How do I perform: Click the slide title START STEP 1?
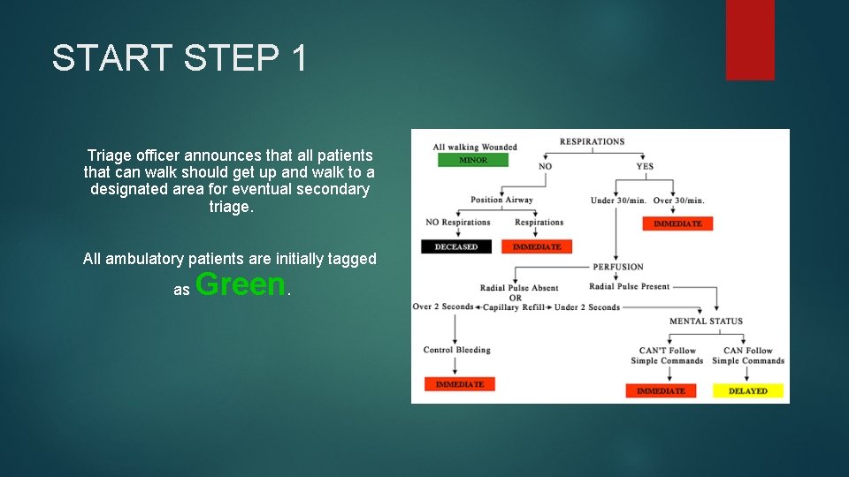tap(180, 58)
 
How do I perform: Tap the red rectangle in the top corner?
tap(750, 40)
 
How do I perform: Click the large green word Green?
tap(241, 284)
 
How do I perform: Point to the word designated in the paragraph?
tap(128, 189)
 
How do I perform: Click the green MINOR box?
tap(474, 160)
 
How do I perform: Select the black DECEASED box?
tap(456, 246)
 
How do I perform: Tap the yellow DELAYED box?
tap(748, 390)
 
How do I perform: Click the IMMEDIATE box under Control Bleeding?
tap(460, 384)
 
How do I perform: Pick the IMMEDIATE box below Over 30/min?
tap(677, 223)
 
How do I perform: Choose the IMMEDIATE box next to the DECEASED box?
tap(537, 246)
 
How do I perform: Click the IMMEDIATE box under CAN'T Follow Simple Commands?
tap(661, 390)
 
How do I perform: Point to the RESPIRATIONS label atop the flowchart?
tap(592, 141)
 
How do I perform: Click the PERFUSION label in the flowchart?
tap(618, 267)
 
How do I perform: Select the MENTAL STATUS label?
tap(706, 321)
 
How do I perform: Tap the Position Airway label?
tap(501, 200)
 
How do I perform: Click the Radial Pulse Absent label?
tap(519, 288)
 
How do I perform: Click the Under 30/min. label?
tap(616, 201)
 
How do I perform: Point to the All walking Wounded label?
tap(475, 147)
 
